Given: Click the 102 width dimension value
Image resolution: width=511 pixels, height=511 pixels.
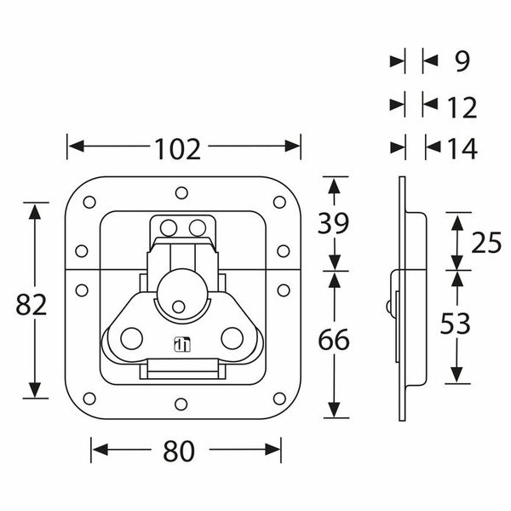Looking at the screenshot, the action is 178,149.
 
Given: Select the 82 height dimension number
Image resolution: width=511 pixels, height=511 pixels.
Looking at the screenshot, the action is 32,305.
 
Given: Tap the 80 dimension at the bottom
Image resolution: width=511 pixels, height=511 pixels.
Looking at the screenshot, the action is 179,451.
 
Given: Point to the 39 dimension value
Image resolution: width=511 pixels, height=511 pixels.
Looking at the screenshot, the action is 333,223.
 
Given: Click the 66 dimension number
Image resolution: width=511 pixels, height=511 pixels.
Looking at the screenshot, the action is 334,339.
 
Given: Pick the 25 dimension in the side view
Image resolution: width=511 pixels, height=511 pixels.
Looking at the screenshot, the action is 486,243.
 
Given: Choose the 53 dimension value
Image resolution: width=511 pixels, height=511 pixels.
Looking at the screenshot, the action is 456,324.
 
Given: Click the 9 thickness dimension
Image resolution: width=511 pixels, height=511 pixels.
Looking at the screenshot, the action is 462,61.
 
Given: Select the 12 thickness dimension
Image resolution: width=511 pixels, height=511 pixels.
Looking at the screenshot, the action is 462,107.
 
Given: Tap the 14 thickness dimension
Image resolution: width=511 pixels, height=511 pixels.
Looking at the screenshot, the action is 462,148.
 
